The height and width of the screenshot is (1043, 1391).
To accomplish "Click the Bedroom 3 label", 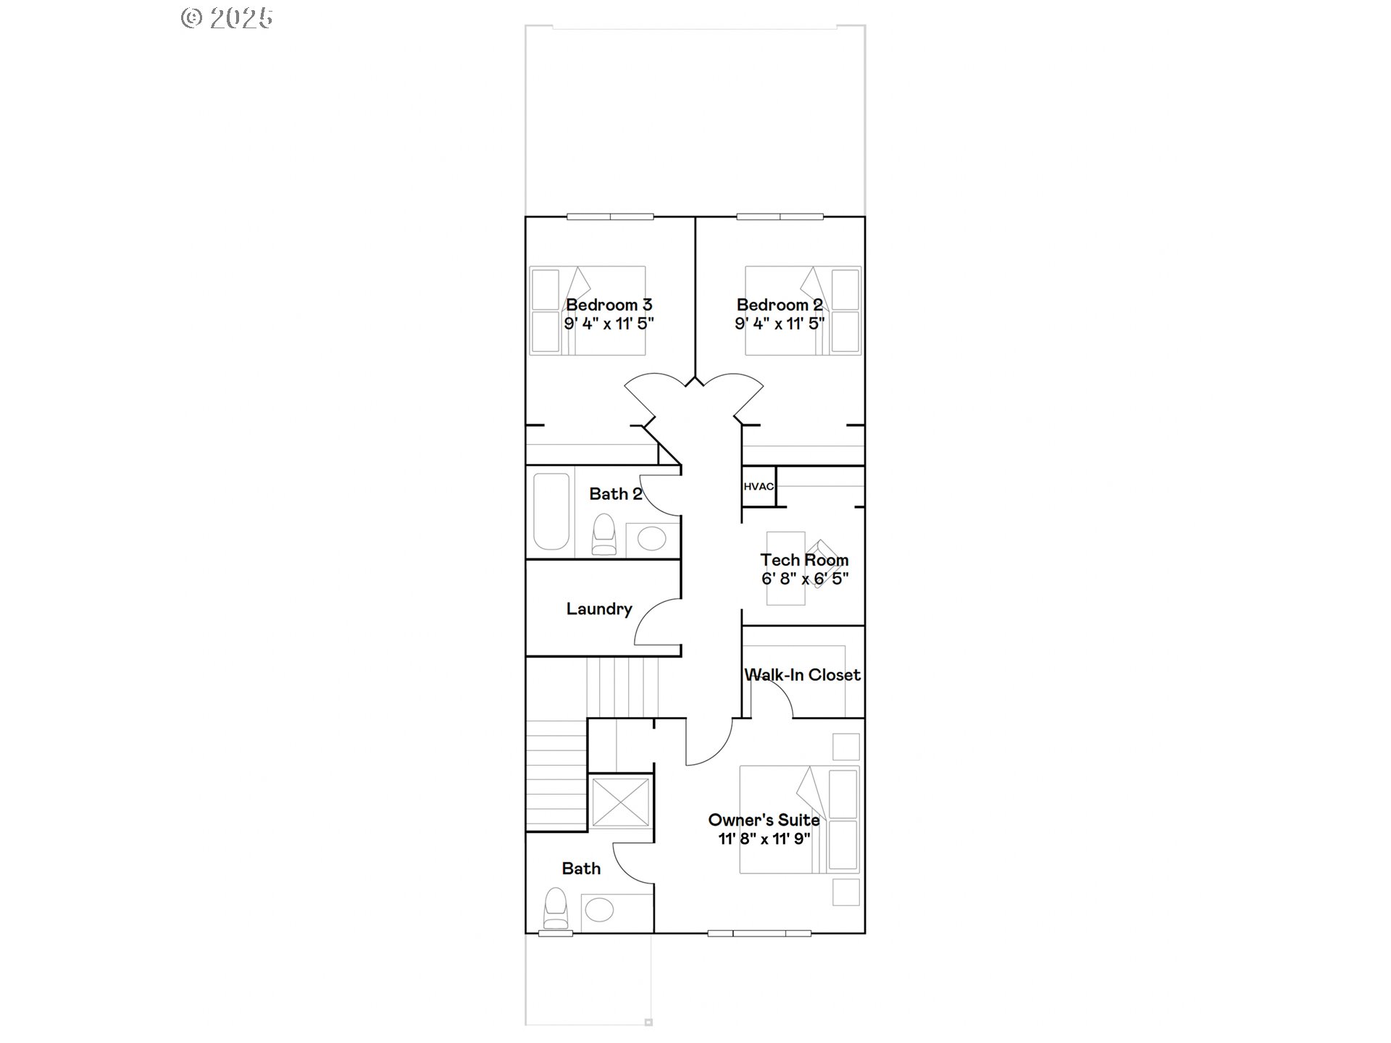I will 609,305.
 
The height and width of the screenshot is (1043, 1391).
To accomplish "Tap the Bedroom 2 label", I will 780,305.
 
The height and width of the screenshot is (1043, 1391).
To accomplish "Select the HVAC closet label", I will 759,486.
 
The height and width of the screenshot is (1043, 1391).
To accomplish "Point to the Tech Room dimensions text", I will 805,579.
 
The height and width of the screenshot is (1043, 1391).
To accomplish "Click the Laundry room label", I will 599,609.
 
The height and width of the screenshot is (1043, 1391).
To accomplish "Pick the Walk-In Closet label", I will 803,675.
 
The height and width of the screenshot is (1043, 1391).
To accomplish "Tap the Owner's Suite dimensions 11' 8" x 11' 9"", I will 764,839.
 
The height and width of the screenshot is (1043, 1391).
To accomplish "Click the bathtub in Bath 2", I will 551,511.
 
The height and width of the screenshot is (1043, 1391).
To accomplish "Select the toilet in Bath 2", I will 603,535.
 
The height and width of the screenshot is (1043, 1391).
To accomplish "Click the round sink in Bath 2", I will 652,539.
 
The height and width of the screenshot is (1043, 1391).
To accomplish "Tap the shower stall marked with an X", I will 620,802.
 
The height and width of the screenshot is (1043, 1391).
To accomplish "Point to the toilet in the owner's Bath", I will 556,910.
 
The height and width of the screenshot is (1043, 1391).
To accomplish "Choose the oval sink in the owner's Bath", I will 599,910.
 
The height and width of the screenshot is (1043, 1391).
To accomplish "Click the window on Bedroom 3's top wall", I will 610,217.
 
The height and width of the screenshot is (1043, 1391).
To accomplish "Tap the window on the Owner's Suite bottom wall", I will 759,933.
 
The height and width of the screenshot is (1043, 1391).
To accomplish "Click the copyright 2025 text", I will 227,17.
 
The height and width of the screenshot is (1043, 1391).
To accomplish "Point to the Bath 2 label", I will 615,494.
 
